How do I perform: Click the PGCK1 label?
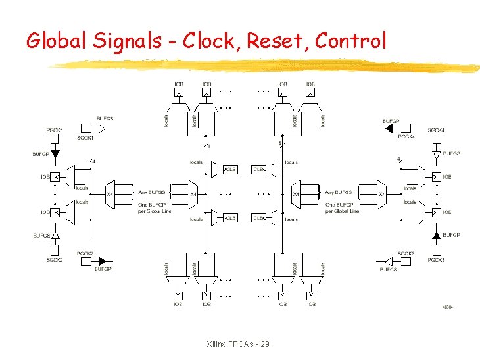coord(55,130)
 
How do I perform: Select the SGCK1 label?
coord(85,138)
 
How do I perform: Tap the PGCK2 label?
coord(85,253)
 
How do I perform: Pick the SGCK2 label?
coord(55,260)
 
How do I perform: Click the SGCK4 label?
coord(436,130)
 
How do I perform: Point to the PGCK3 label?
coord(436,260)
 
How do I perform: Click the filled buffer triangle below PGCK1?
coord(55,155)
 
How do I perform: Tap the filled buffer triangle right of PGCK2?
coord(102,261)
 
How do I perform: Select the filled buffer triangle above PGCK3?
coord(436,235)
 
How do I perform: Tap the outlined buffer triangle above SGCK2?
coord(55,235)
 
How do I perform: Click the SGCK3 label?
coord(406,253)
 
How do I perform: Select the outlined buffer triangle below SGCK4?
coord(436,155)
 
